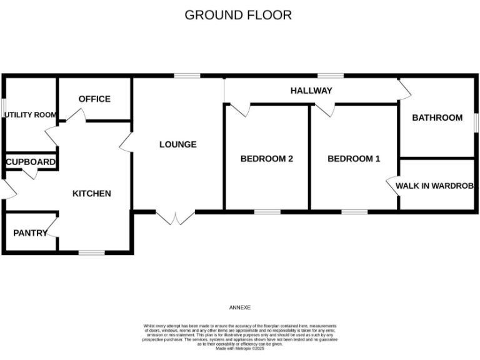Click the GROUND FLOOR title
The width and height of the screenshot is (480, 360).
pos(238,15)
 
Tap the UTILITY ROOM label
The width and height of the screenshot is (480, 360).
pos(30,115)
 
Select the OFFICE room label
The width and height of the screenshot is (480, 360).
pos(94,99)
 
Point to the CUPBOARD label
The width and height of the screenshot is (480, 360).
pos(30,162)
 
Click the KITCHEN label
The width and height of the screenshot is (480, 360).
pos(92,193)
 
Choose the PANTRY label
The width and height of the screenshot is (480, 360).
pos(30,233)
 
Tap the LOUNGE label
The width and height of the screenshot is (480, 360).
pos(177,144)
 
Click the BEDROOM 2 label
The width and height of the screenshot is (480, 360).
pos(267,159)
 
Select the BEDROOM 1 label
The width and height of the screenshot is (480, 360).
pos(354,159)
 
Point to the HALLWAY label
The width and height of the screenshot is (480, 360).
pos(311,91)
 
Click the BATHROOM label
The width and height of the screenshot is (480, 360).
pos(437,117)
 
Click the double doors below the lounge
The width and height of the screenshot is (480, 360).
pos(175,217)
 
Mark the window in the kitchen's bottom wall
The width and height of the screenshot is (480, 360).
pos(91,252)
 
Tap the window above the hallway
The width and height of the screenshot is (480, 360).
pos(330,76)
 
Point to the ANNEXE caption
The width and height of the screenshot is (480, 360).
pos(240,307)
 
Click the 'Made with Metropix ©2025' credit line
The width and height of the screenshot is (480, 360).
pos(240,349)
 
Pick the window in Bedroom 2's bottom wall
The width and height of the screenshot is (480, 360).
pos(267,212)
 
